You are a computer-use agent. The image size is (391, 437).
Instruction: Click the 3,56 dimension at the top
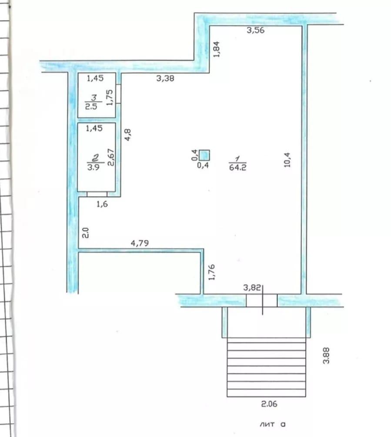point(255,30)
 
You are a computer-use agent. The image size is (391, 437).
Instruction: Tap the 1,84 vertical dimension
point(217,50)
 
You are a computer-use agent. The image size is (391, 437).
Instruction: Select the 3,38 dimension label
point(165,78)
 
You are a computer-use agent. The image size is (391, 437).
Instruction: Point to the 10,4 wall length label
point(287,160)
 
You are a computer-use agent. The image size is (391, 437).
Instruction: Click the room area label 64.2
point(238,167)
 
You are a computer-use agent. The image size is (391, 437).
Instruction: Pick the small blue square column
point(204,155)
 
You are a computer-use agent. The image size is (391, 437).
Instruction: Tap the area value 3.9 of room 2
point(93,167)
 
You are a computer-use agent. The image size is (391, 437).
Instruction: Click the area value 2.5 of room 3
point(91,106)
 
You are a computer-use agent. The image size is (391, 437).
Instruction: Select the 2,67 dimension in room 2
point(111,157)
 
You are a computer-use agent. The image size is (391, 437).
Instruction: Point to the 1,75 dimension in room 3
point(110,97)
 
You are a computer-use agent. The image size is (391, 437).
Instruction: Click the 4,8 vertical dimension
point(127,135)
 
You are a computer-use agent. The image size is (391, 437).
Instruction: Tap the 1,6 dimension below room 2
point(102,204)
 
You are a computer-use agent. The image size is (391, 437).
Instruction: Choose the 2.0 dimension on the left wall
point(85,233)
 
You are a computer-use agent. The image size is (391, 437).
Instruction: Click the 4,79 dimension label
point(140,243)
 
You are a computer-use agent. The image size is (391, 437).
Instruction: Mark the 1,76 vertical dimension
point(211,272)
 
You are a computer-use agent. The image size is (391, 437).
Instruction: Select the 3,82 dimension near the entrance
point(252,287)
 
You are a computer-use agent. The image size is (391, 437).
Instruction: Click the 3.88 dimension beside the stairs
point(326,355)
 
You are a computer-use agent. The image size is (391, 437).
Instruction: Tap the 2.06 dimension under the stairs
point(269,404)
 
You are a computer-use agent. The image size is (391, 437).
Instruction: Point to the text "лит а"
point(273,424)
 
